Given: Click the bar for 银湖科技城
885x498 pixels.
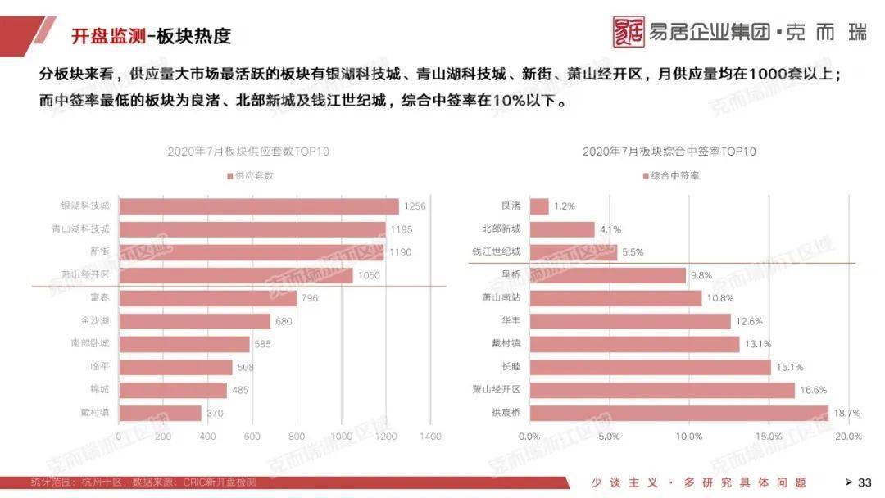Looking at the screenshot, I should pyautogui.click(x=258, y=206).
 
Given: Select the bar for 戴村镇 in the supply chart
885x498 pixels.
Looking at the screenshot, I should pyautogui.click(x=160, y=413).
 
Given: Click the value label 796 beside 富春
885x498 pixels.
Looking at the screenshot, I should pyautogui.click(x=309, y=298).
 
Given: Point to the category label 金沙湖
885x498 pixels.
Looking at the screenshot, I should pyautogui.click(x=95, y=321).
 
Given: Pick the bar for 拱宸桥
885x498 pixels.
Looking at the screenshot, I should pyautogui.click(x=678, y=413).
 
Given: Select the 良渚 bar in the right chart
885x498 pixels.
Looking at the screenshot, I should pyautogui.click(x=539, y=206).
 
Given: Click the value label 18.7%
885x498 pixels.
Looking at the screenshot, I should pyautogui.click(x=846, y=414).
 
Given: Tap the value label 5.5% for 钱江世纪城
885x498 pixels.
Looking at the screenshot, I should pyautogui.click(x=633, y=252).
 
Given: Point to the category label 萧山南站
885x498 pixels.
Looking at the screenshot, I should pyautogui.click(x=501, y=298).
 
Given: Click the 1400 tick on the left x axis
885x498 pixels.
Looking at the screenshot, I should pyautogui.click(x=429, y=437).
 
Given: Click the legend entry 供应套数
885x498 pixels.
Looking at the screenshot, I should pyautogui.click(x=250, y=175).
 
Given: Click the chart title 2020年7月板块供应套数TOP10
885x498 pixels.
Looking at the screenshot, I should pyautogui.click(x=248, y=152).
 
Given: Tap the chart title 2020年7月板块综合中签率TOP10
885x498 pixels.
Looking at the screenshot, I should pyautogui.click(x=669, y=152).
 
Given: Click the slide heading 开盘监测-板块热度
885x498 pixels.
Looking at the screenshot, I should pyautogui.click(x=151, y=35).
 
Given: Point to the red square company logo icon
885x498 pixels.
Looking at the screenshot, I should pyautogui.click(x=629, y=32).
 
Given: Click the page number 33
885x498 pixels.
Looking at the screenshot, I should pyautogui.click(x=865, y=482).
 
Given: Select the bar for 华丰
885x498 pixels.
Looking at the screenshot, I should pyautogui.click(x=630, y=321).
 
